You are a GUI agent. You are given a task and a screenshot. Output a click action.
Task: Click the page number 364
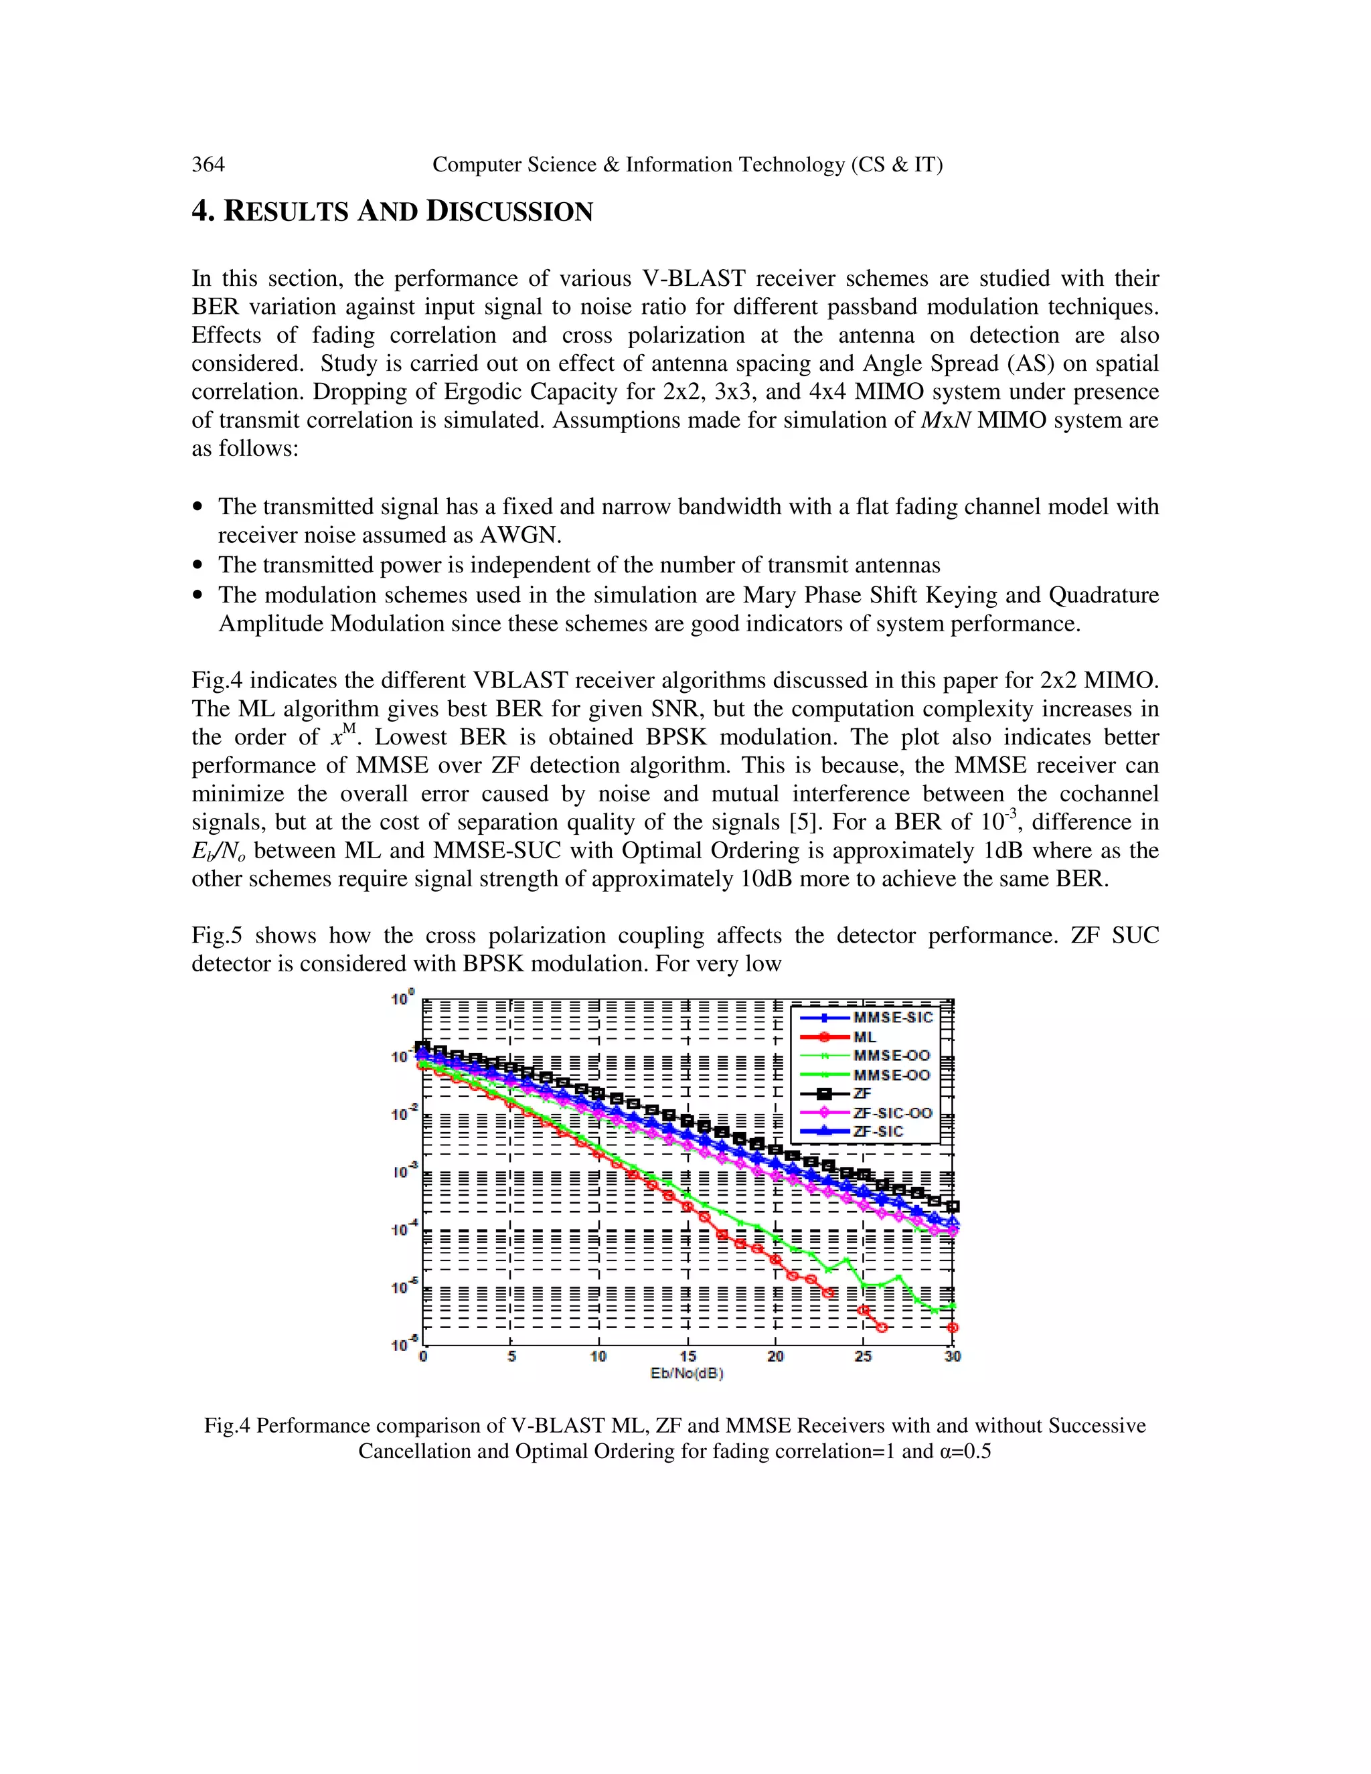click(x=208, y=165)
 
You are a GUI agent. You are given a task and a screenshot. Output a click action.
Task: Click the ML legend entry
click(x=864, y=1037)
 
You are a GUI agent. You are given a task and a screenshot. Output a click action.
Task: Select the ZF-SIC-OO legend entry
click(x=892, y=1113)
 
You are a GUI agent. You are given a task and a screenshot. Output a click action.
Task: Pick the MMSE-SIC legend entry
click(x=892, y=1018)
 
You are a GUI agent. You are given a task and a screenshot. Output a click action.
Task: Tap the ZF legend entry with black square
click(x=861, y=1094)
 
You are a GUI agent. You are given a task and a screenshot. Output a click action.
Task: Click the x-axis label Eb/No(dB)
click(x=686, y=1373)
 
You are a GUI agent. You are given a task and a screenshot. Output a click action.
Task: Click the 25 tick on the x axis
click(x=864, y=1356)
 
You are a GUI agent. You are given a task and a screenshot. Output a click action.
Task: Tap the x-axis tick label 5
click(x=511, y=1356)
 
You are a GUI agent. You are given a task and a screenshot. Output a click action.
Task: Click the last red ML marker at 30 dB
click(x=953, y=1328)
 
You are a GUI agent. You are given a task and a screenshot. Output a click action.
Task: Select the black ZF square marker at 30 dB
click(x=953, y=1206)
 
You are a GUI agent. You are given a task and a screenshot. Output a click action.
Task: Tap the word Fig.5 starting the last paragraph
click(x=217, y=936)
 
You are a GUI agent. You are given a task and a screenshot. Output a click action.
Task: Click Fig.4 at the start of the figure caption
click(x=227, y=1425)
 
